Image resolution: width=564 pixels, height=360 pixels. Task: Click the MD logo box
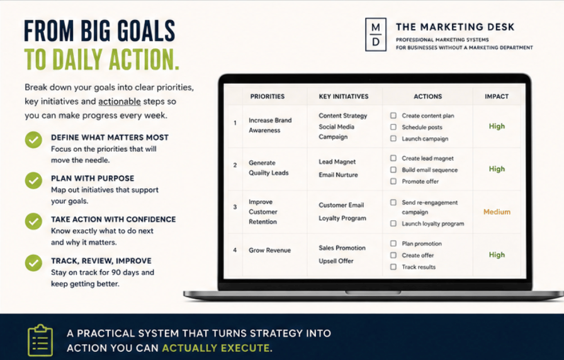coord(376,35)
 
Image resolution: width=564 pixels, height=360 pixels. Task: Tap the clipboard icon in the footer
coord(40,340)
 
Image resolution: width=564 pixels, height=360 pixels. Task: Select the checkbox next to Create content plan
coord(393,115)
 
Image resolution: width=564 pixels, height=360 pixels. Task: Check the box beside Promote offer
coord(393,181)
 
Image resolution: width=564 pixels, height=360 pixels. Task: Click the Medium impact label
coord(497,212)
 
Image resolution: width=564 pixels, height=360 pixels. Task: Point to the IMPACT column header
coord(497,96)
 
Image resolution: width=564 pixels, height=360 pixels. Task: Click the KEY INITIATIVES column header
coord(344,96)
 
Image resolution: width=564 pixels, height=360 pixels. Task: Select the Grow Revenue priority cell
coord(270,250)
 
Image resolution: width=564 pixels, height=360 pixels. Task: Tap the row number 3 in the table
coord(235,207)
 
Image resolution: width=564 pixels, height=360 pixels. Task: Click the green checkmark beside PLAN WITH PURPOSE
coord(33,181)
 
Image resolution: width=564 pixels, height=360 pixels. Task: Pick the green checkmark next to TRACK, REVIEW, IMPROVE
coord(33,263)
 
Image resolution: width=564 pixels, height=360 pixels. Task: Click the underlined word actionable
coord(120,101)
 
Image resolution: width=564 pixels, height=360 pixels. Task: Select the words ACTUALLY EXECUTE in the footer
coord(217,348)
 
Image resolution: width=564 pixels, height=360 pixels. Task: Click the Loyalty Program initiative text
coord(342,218)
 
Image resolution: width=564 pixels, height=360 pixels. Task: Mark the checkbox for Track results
coord(393,267)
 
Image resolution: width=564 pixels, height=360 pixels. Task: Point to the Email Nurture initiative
coord(338,175)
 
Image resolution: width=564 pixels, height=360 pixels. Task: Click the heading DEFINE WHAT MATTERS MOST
coord(110,137)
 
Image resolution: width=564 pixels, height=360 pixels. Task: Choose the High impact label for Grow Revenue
coord(497,255)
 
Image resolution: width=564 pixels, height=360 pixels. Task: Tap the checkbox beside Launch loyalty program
coord(393,223)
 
